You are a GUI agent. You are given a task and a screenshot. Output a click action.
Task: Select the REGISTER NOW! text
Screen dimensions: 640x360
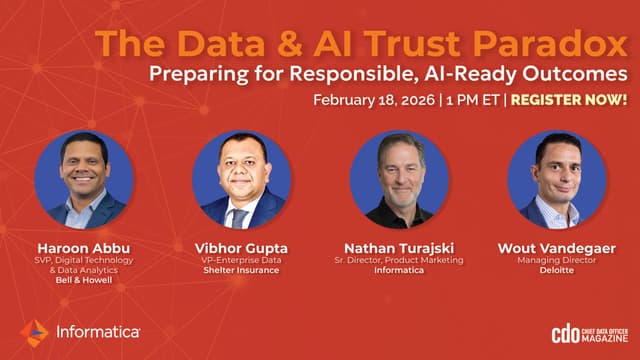click(x=569, y=100)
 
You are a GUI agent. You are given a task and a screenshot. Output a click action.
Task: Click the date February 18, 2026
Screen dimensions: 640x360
click(x=374, y=100)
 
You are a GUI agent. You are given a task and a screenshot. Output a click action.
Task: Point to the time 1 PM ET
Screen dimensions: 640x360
click(x=473, y=100)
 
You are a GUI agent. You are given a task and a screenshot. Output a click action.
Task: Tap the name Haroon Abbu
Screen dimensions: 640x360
click(x=84, y=248)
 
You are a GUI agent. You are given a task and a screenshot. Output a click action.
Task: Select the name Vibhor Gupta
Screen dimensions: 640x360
click(x=241, y=248)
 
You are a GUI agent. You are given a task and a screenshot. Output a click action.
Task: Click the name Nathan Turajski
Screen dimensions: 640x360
click(x=399, y=248)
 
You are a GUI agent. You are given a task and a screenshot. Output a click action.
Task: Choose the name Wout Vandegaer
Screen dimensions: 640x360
click(x=557, y=248)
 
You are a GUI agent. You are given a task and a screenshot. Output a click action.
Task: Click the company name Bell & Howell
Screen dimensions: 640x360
click(x=84, y=280)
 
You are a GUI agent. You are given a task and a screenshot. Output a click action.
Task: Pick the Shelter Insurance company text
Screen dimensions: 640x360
click(x=241, y=270)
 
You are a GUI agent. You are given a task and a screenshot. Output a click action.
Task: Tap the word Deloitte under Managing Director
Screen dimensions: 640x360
click(x=557, y=270)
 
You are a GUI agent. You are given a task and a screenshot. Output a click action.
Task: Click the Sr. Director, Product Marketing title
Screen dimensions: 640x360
click(x=399, y=260)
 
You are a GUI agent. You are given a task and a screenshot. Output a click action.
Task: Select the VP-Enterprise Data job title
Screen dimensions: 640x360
click(x=241, y=260)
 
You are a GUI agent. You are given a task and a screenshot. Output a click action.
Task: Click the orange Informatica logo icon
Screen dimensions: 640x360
click(x=34, y=333)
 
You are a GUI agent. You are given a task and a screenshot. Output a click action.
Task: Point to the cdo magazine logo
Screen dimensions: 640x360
click(x=589, y=335)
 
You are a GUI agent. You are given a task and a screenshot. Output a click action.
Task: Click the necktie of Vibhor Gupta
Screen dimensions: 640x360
click(x=238, y=218)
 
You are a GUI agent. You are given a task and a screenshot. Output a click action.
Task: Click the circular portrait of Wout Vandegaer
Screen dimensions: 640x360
click(x=557, y=180)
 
